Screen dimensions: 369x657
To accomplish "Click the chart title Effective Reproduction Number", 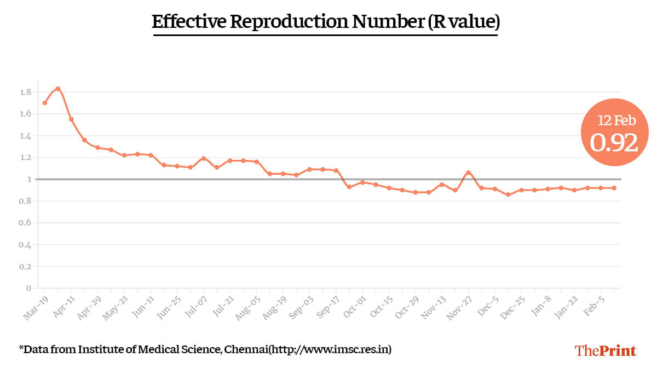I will pyautogui.click(x=325, y=22).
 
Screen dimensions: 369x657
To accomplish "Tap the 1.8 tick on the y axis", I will pyautogui.click(x=25, y=92).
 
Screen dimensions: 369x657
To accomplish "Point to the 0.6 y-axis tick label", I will pyautogui.click(x=25, y=223).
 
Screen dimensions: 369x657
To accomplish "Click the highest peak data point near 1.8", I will pyautogui.click(x=58, y=89).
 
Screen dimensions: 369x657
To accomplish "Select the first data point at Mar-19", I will pyautogui.click(x=45, y=103).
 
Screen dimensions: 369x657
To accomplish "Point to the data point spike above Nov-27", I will pyautogui.click(x=468, y=173).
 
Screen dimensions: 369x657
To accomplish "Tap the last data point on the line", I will pyautogui.click(x=614, y=188).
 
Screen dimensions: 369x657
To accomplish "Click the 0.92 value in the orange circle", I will pyautogui.click(x=614, y=143).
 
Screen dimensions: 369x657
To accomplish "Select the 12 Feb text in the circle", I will pyautogui.click(x=617, y=121).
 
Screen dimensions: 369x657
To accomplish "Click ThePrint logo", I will pyautogui.click(x=605, y=350).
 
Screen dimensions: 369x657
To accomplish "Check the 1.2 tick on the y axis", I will pyautogui.click(x=25, y=157).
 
